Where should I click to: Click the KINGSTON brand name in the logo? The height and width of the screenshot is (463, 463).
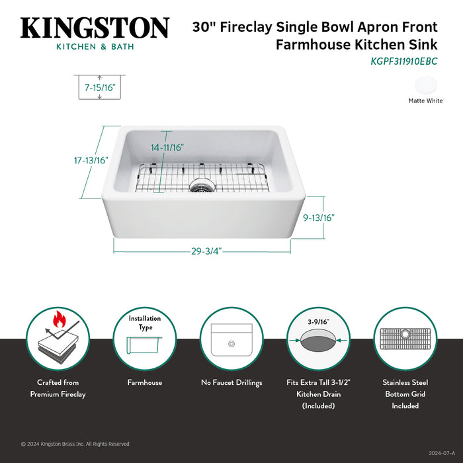(95, 28)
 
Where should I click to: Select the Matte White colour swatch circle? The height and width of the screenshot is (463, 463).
(426, 85)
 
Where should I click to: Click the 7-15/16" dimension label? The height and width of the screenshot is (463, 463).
(99, 86)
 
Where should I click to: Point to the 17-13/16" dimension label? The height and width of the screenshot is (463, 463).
(91, 160)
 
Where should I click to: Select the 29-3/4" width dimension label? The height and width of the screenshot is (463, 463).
(206, 251)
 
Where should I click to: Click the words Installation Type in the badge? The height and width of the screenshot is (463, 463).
(145, 323)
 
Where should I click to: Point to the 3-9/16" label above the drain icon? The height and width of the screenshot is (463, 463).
(318, 321)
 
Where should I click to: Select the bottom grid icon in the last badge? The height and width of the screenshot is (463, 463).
(405, 343)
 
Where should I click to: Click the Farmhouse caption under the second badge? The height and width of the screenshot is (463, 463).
(145, 382)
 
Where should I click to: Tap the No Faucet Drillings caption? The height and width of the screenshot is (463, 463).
(232, 382)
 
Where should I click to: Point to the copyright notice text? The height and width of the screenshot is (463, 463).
(75, 444)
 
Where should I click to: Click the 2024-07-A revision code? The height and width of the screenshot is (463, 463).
(442, 453)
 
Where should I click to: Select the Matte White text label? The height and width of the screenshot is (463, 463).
(425, 101)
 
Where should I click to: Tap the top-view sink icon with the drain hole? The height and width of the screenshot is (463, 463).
(232, 343)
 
